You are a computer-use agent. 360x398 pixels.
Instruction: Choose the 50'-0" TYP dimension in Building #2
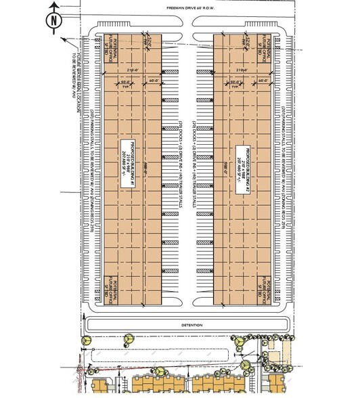(x=236, y=84)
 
